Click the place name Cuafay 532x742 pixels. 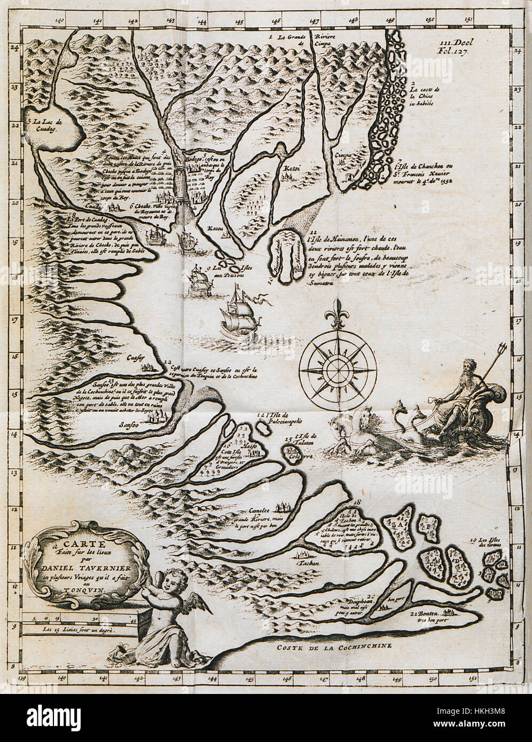137,358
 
